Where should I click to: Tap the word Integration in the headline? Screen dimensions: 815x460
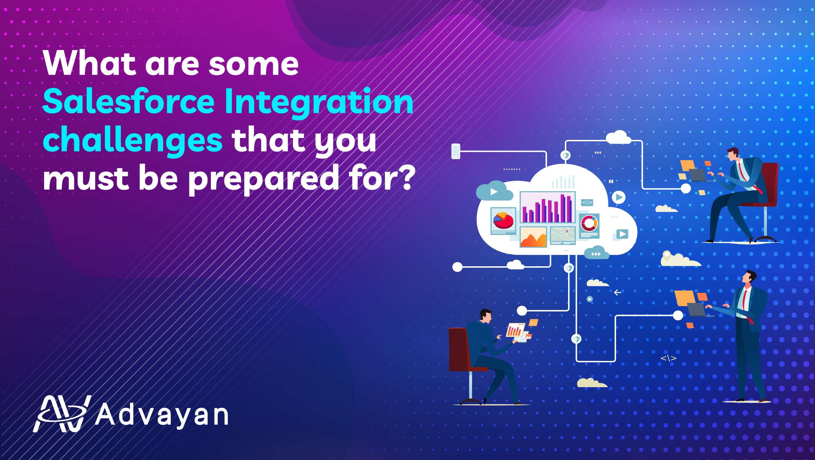(x=319, y=104)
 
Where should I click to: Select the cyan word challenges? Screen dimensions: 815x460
(x=133, y=141)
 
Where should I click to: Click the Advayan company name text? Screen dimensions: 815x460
(x=162, y=414)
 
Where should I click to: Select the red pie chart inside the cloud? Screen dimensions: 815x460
(x=503, y=220)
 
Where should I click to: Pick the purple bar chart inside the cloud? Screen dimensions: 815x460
(x=547, y=208)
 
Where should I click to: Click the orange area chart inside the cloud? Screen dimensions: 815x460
(x=533, y=237)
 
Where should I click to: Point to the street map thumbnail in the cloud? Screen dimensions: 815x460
(x=563, y=236)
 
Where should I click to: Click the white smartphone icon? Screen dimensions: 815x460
(x=456, y=151)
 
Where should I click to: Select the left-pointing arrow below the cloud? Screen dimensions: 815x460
(x=618, y=292)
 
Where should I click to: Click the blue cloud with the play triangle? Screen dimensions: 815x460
(x=494, y=191)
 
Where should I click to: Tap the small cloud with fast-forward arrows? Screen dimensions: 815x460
(x=597, y=253)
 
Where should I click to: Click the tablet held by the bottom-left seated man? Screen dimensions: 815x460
(x=515, y=330)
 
